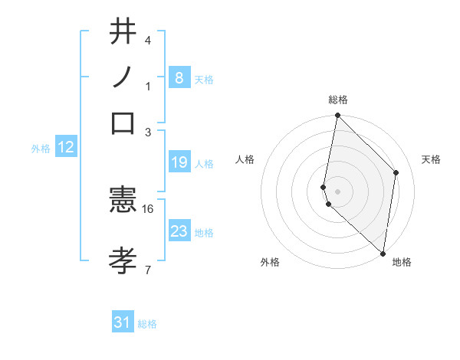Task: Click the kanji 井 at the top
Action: pyautogui.click(x=123, y=33)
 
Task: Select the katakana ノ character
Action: pyautogui.click(x=123, y=78)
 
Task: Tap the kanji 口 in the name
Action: pyautogui.click(x=123, y=123)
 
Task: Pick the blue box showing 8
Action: pyautogui.click(x=179, y=77)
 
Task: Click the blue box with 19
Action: pyautogui.click(x=179, y=162)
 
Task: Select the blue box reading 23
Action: pyautogui.click(x=179, y=231)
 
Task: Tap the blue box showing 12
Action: pyautogui.click(x=65, y=147)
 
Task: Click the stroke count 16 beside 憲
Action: pyautogui.click(x=148, y=208)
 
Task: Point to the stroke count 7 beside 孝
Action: pyautogui.click(x=147, y=269)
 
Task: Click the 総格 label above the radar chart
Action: pyautogui.click(x=337, y=100)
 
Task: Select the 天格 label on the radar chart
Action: pyautogui.click(x=431, y=159)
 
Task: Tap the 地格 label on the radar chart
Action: pyautogui.click(x=402, y=262)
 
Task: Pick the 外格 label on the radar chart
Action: pyautogui.click(x=270, y=262)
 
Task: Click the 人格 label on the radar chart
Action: pyautogui.click(x=245, y=159)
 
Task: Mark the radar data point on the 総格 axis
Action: pyautogui.click(x=337, y=116)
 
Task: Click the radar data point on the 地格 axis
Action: pyautogui.click(x=383, y=253)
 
